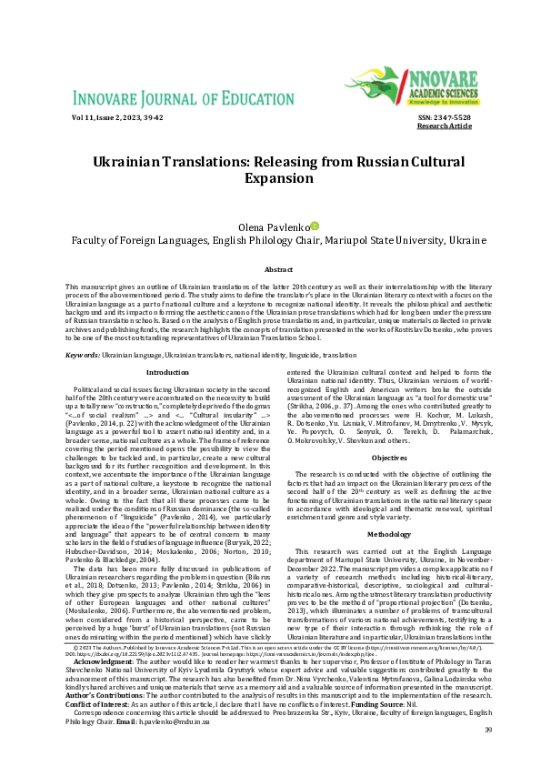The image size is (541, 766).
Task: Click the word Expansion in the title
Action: click(271, 177)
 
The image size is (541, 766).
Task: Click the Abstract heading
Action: click(272, 271)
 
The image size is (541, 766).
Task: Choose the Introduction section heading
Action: click(168, 372)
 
